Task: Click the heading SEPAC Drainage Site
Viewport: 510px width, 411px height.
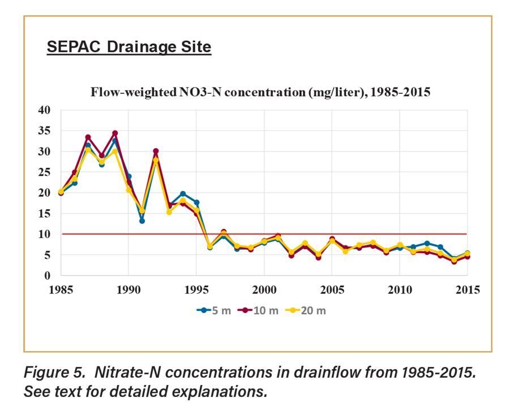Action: [x=128, y=47]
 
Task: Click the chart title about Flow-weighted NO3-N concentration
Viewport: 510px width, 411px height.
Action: [x=261, y=92]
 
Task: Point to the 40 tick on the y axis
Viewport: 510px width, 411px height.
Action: [x=44, y=110]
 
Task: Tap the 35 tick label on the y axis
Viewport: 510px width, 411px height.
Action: [x=44, y=131]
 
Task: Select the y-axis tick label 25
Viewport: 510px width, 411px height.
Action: [x=44, y=172]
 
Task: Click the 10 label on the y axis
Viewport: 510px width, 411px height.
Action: [x=44, y=234]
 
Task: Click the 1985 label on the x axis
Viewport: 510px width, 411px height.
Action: [x=61, y=290]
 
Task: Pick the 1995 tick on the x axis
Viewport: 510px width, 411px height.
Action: [x=196, y=290]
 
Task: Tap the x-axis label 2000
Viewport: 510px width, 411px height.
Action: [x=264, y=290]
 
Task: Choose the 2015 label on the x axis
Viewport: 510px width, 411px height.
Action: [x=468, y=290]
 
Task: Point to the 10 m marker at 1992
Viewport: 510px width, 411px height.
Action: [x=156, y=152]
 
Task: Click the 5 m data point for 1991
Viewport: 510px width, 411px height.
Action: [x=142, y=220]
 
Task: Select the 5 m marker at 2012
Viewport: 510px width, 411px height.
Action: [x=427, y=244]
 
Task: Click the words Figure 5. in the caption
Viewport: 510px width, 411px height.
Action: [x=52, y=372]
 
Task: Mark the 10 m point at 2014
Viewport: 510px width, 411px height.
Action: [x=454, y=261]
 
